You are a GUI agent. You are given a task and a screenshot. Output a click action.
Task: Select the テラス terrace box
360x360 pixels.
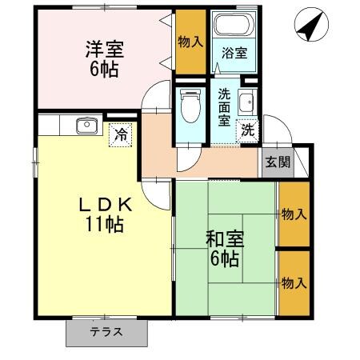point(106,332)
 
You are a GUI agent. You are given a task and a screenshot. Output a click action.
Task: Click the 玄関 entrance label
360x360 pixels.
point(278,162)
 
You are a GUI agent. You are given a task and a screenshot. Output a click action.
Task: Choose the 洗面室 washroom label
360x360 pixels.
point(225,107)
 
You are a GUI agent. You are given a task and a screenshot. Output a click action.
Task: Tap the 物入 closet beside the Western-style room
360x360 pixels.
point(189,42)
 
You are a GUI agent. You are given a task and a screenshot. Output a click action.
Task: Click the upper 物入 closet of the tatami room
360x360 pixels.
point(294,214)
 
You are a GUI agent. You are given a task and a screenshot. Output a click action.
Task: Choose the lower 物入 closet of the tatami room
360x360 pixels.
point(294,283)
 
